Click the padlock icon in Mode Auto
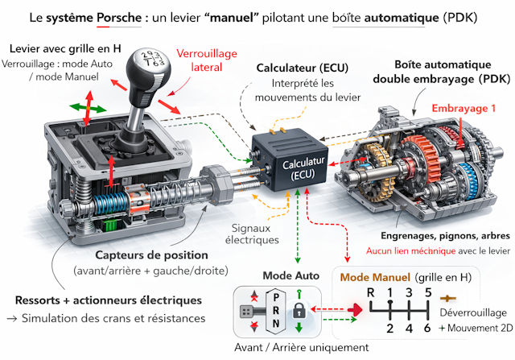pos(298,310)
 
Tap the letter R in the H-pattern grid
pos(370,292)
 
